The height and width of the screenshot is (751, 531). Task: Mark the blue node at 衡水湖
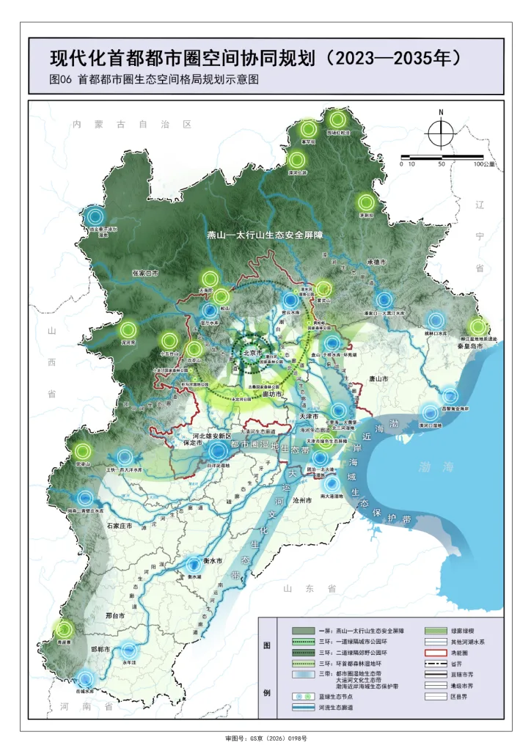194,565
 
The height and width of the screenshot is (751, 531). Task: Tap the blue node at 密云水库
291,299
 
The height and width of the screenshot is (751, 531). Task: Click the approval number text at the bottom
265,739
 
